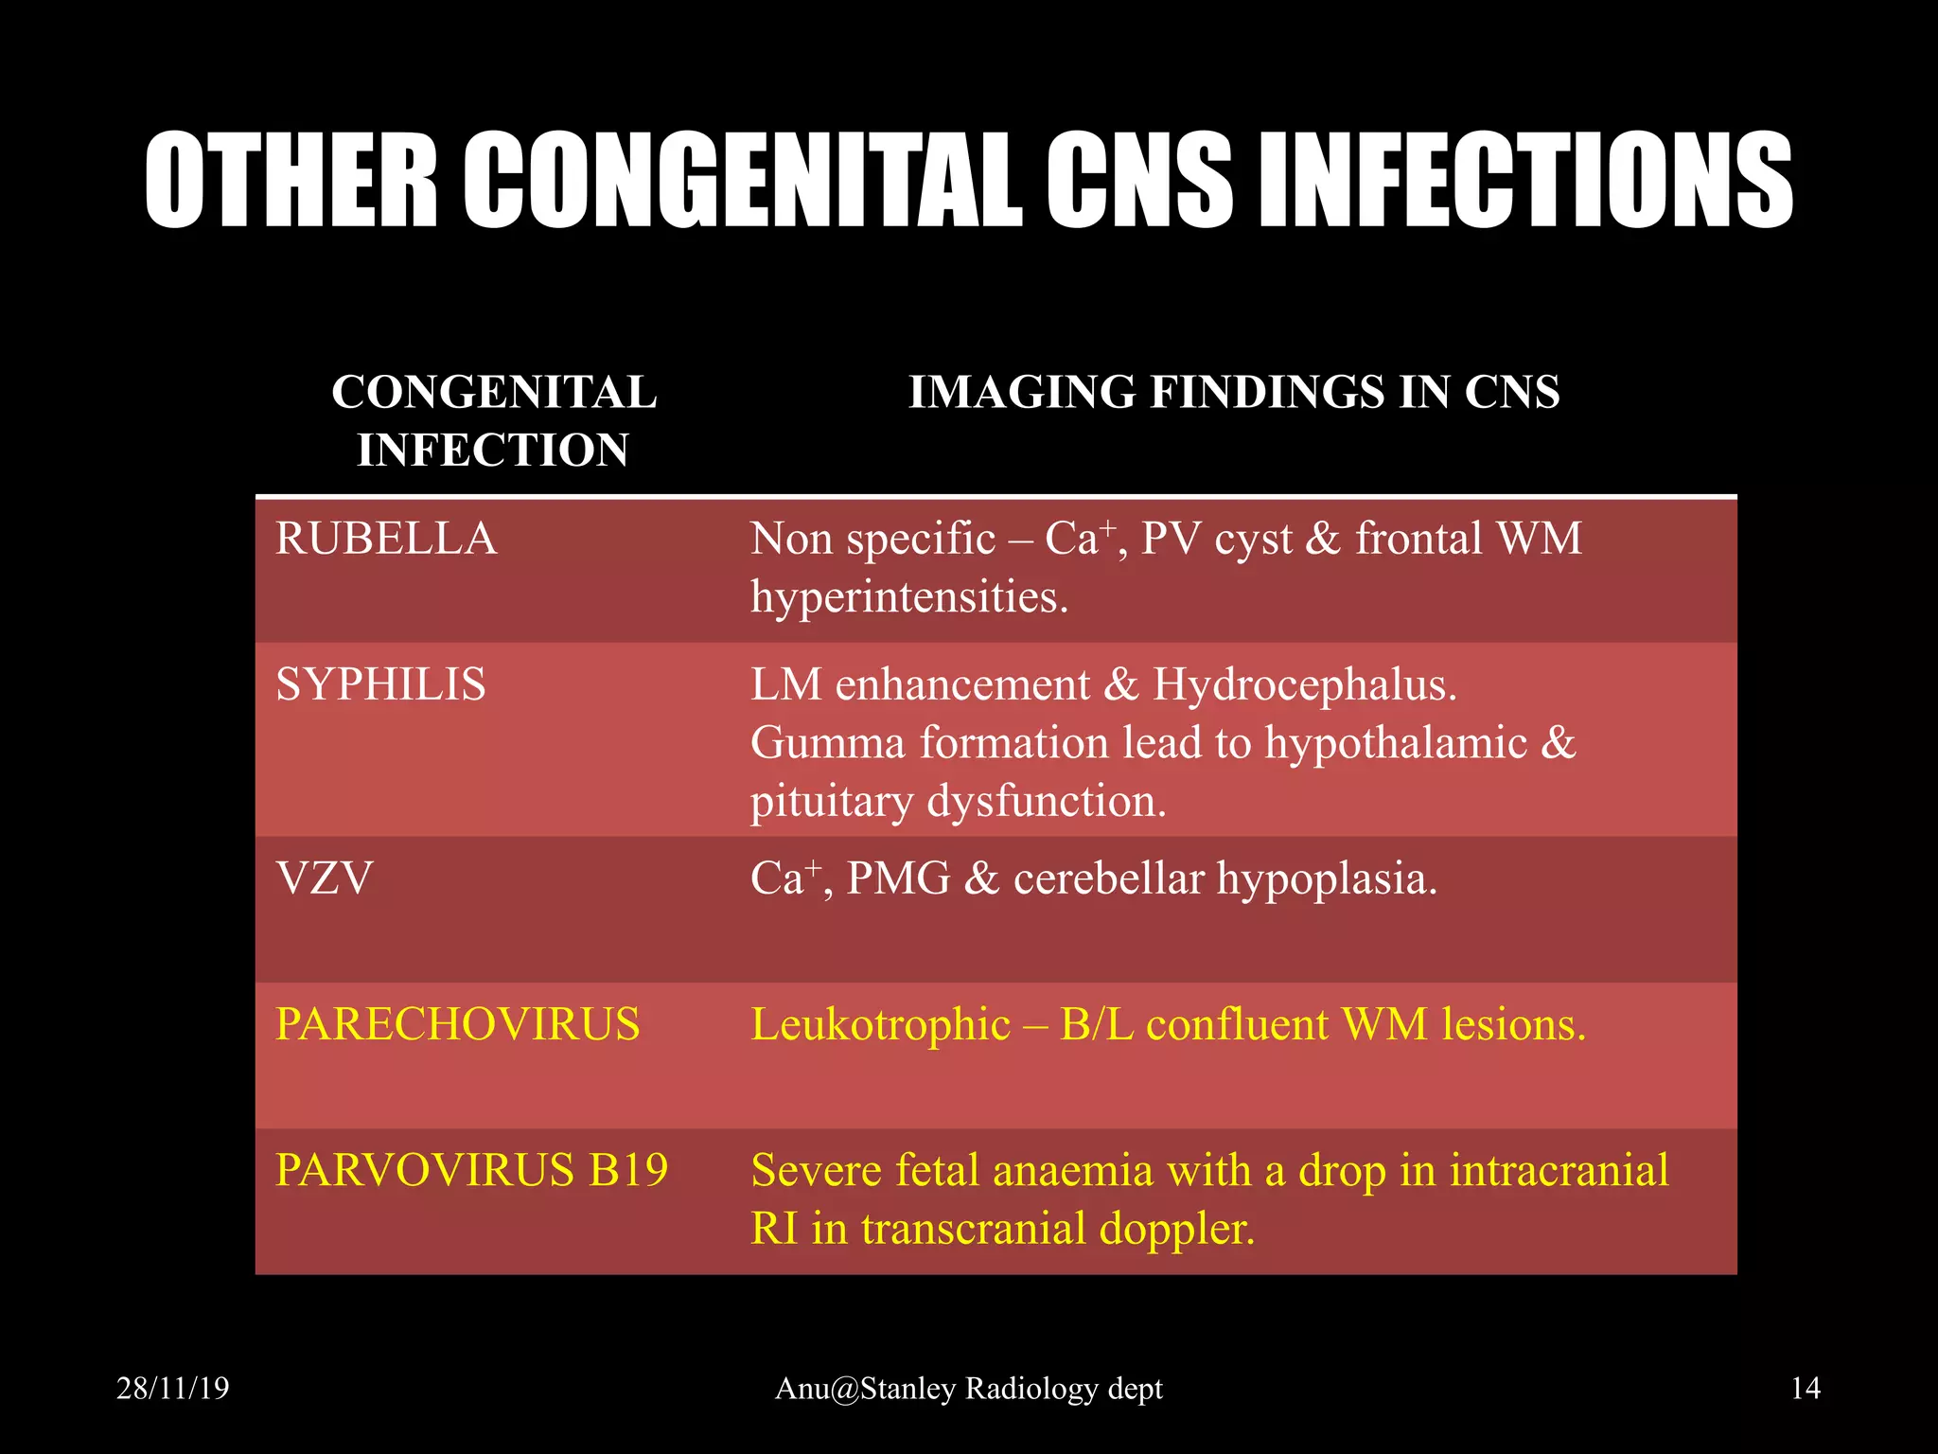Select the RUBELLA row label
click(x=386, y=539)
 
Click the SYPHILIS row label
click(x=380, y=683)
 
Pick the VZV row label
click(x=325, y=878)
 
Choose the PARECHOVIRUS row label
click(x=458, y=1024)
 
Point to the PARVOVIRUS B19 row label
click(x=472, y=1170)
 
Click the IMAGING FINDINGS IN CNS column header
click(x=1234, y=392)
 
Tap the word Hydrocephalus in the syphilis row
click(x=1304, y=684)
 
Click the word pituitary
click(x=832, y=801)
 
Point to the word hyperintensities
click(x=909, y=597)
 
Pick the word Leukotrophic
click(x=880, y=1024)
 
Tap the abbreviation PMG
click(x=898, y=878)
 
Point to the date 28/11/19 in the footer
click(x=172, y=1388)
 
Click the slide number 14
click(x=1806, y=1388)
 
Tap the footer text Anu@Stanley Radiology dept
click(x=969, y=1388)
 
